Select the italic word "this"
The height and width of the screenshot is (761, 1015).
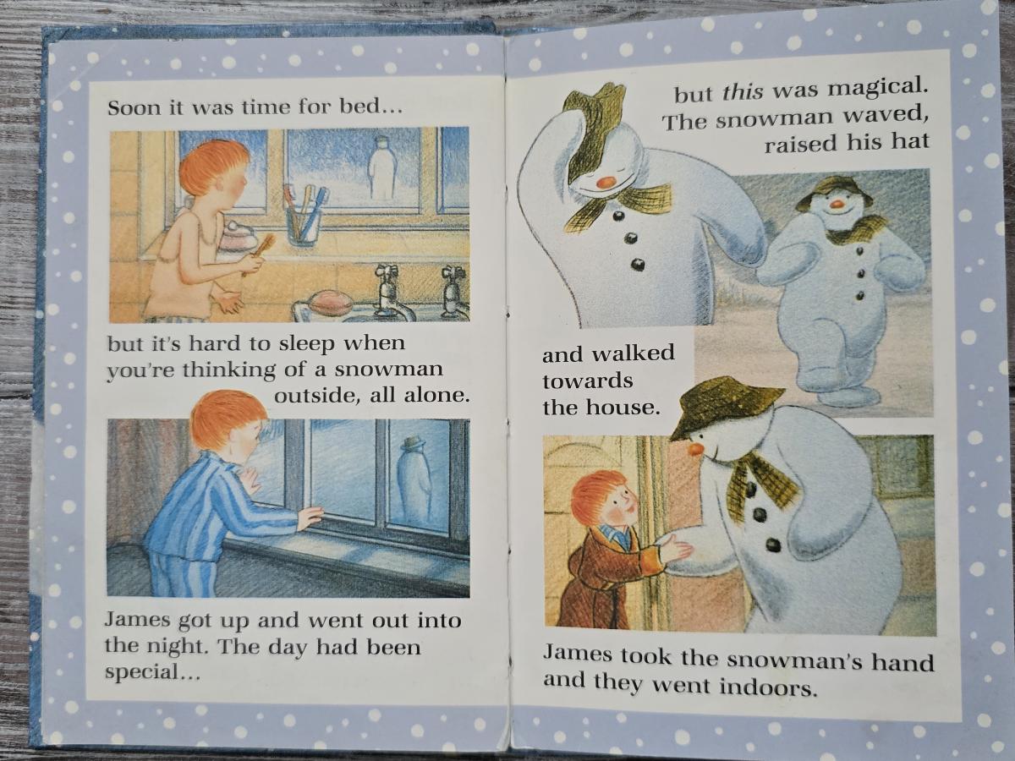click(x=742, y=92)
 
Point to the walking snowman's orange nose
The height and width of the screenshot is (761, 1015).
click(x=837, y=203)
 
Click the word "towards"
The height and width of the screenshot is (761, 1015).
click(x=588, y=381)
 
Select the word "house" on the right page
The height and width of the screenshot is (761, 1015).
click(x=621, y=408)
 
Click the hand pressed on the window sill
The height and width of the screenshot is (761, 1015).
click(x=309, y=518)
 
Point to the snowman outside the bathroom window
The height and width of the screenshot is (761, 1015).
click(x=381, y=168)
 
